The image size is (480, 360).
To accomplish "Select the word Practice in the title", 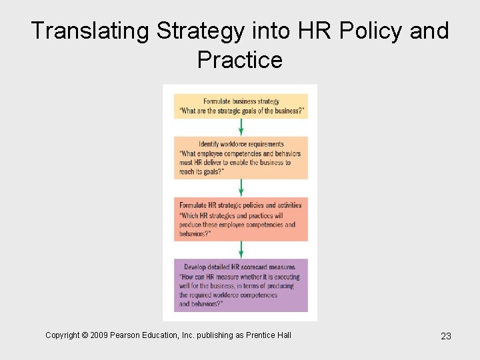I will coord(240,60).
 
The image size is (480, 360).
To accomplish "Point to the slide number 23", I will coord(446,336).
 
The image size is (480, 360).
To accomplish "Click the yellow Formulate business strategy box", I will coord(241,107).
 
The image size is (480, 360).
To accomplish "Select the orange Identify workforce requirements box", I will coord(241,158).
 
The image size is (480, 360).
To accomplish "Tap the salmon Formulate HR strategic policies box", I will coord(241,219).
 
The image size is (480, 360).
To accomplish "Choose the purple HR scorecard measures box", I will coord(241,285).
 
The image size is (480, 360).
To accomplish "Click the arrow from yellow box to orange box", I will coord(241,127).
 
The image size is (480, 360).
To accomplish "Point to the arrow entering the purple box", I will coord(241,250).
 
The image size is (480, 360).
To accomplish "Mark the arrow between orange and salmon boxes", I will coord(241,187).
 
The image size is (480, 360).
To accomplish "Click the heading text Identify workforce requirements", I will coord(241,144).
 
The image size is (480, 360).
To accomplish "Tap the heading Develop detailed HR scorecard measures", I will coord(240,267).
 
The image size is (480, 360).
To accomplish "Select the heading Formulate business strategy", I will coord(241,101).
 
